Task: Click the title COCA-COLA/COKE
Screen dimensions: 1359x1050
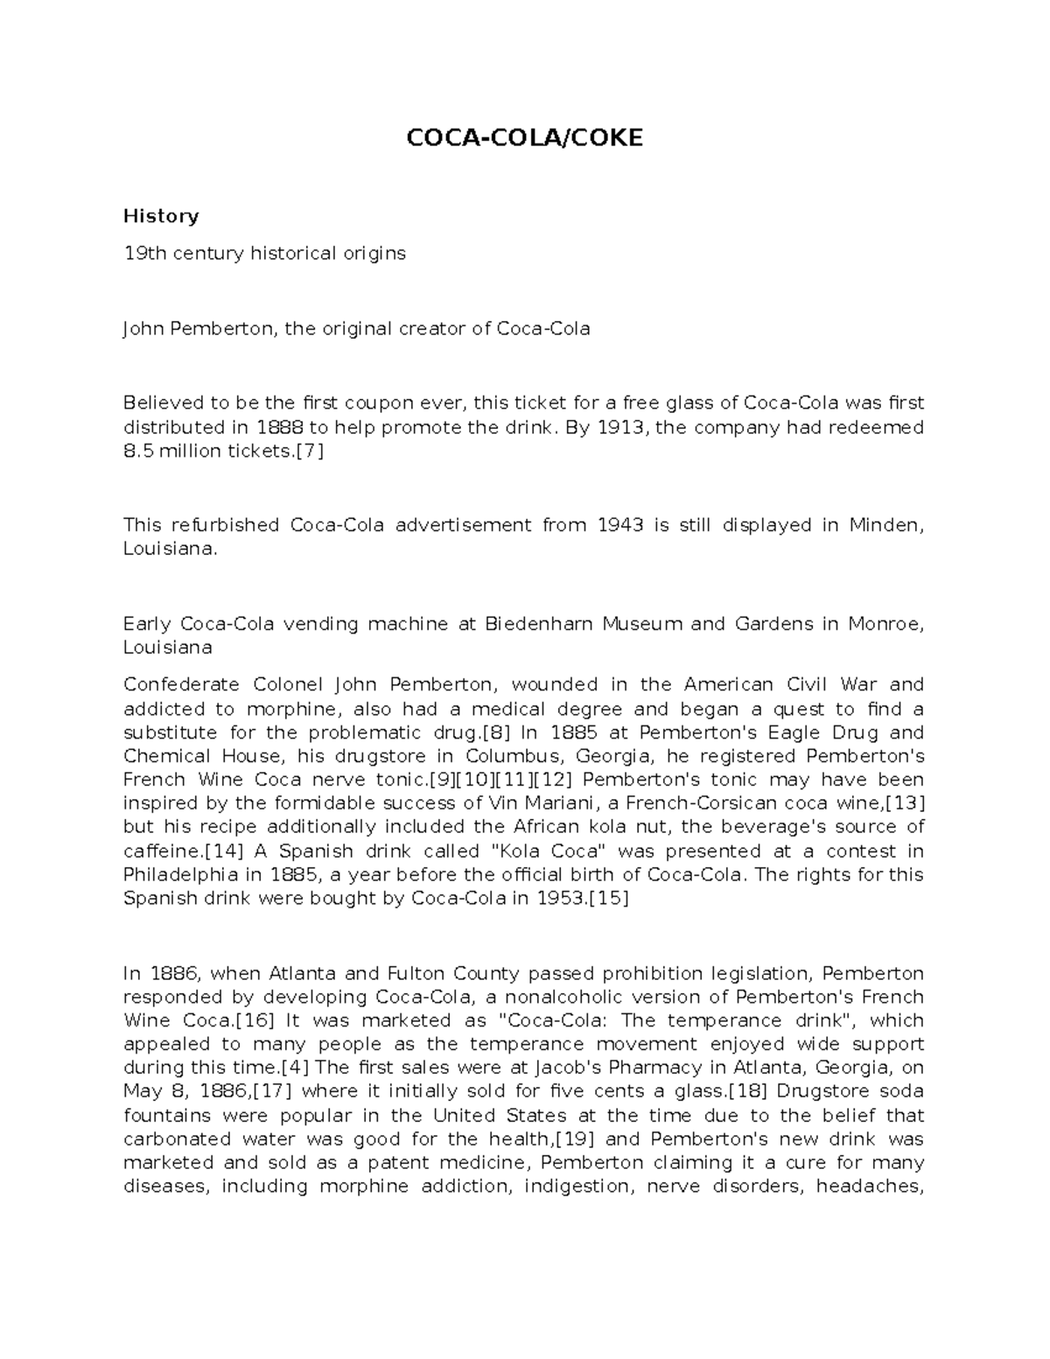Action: [523, 137]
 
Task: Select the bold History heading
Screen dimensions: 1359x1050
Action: [161, 215]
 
